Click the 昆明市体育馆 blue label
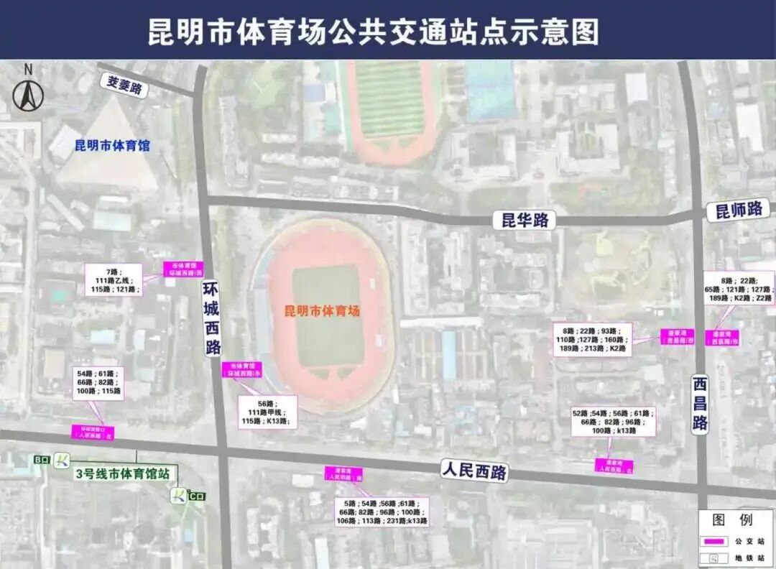click(x=112, y=145)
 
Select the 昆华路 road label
click(x=525, y=220)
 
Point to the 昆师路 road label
click(x=739, y=210)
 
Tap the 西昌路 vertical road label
click(x=701, y=403)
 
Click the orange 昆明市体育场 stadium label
click(x=322, y=311)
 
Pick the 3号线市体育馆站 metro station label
click(x=123, y=474)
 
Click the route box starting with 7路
click(x=111, y=279)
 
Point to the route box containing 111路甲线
click(x=267, y=412)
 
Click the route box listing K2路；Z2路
click(x=738, y=288)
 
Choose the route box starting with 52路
click(x=614, y=422)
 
